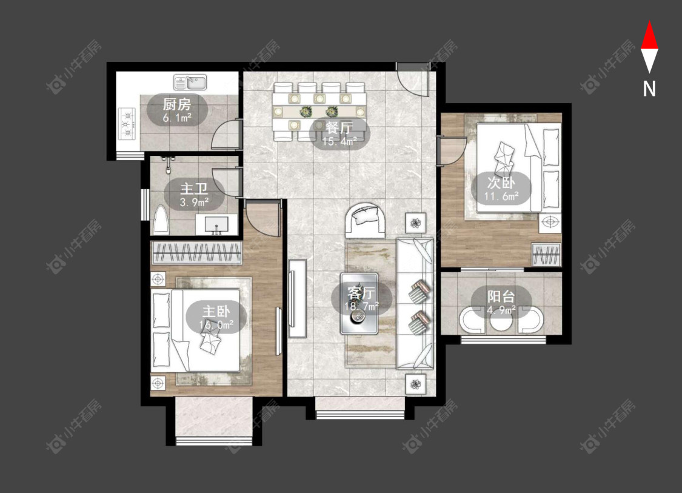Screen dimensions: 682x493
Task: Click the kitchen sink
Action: click(x=190, y=82)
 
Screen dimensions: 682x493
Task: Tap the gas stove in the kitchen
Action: click(x=127, y=124)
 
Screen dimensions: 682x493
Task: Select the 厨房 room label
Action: click(x=177, y=104)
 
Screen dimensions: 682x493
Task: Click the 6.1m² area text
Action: click(x=178, y=118)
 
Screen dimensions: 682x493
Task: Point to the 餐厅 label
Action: click(x=339, y=128)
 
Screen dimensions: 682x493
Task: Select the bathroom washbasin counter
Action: click(x=216, y=224)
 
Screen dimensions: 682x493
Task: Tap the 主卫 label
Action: click(x=194, y=189)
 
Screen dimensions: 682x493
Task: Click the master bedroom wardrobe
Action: click(x=196, y=253)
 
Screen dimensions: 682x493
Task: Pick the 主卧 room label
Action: click(x=216, y=312)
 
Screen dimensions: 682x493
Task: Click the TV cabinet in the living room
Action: click(x=298, y=298)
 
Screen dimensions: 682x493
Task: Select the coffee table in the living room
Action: click(x=359, y=303)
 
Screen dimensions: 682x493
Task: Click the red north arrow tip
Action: click(x=649, y=21)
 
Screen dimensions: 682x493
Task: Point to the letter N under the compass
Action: click(x=649, y=89)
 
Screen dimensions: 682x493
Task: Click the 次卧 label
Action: click(x=501, y=183)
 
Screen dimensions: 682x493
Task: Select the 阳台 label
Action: click(x=501, y=297)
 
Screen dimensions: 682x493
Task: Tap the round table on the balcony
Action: click(x=501, y=321)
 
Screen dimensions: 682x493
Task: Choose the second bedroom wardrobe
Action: click(x=547, y=255)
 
